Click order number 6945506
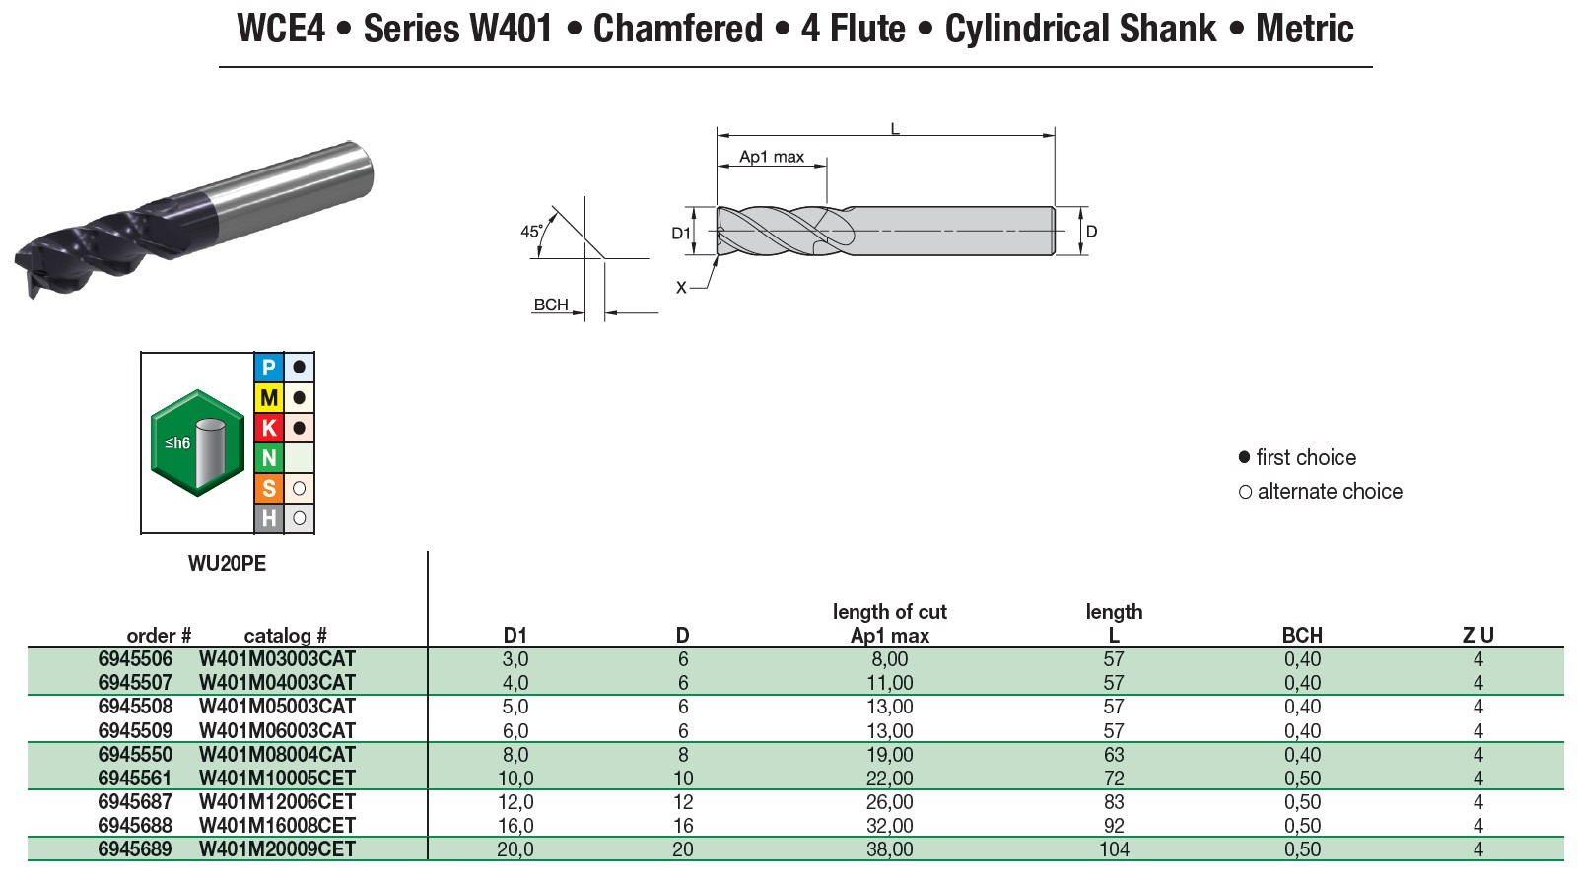coord(135,659)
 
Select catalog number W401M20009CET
coord(277,849)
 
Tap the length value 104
coord(1114,849)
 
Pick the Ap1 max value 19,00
coord(889,755)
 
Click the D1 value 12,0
coord(515,802)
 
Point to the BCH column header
coord(1301,636)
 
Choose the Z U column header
coord(1477,636)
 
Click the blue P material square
coord(269,368)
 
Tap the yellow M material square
coord(269,398)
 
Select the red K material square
coord(269,428)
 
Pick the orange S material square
coord(269,488)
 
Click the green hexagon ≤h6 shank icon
coord(197,443)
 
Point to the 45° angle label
coord(531,232)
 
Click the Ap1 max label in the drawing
coord(772,157)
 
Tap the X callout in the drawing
coord(681,288)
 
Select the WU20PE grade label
coord(227,564)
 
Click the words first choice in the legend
coord(1305,457)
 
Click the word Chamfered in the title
coord(678,29)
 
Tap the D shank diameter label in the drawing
coord(1091,232)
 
